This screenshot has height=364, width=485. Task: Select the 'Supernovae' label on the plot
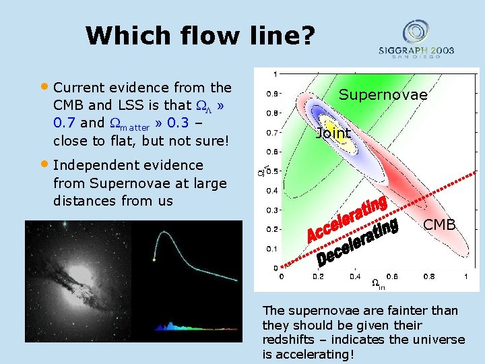[x=383, y=95]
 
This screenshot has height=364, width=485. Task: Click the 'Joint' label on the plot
[x=333, y=133]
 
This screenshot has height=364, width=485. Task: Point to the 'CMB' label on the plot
[x=439, y=224]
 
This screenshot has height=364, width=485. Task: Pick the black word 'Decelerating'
[x=357, y=242]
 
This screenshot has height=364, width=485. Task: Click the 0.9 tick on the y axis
[x=269, y=93]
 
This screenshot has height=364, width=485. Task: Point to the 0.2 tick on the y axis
[x=269, y=229]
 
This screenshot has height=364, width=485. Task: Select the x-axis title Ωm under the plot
[x=378, y=285]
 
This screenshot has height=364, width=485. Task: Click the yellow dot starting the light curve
[x=154, y=259]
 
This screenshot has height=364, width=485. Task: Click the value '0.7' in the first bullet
[x=66, y=123]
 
